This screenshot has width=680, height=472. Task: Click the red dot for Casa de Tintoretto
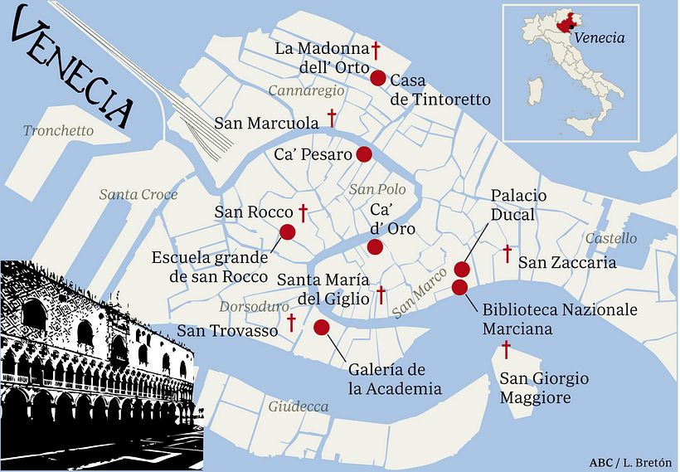(x=377, y=79)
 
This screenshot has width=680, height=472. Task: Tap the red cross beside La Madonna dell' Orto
(x=376, y=49)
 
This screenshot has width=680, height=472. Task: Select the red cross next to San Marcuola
(x=333, y=117)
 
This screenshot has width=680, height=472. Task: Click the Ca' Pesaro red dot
(x=363, y=154)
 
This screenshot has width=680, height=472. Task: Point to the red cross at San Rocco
(x=304, y=213)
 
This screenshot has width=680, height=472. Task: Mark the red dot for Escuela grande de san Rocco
(x=288, y=232)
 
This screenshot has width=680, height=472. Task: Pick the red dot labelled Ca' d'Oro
(x=375, y=246)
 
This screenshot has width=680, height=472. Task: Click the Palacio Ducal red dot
(x=462, y=270)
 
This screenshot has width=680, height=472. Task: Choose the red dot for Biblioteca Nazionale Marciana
(x=459, y=287)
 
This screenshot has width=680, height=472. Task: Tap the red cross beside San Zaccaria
(x=507, y=253)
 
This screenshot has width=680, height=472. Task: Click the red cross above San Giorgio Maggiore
(x=505, y=349)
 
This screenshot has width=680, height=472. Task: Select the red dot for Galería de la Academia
(x=322, y=328)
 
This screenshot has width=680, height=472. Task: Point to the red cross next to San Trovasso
(x=291, y=322)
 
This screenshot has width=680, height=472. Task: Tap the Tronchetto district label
(x=58, y=131)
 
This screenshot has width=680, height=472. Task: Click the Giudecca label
(x=298, y=406)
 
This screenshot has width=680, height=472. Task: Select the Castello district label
(x=611, y=239)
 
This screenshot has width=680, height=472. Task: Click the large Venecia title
(x=73, y=71)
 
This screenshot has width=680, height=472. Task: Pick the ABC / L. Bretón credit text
(x=629, y=461)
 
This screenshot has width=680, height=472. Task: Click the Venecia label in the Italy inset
(x=599, y=37)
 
